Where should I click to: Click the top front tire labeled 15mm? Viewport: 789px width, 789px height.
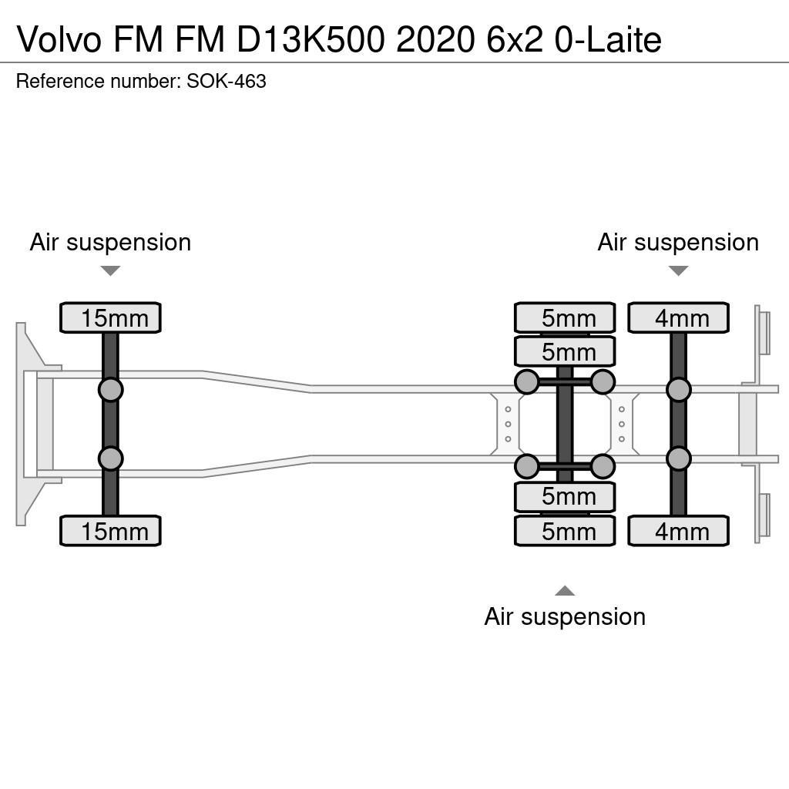coord(110,317)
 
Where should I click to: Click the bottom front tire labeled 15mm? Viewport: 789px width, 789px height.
coord(110,531)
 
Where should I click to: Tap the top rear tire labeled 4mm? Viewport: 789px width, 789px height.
coord(678,317)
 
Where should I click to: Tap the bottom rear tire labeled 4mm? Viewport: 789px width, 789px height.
coord(678,531)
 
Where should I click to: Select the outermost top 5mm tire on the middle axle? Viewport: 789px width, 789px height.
coord(565,317)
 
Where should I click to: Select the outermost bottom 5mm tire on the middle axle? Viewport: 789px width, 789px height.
coord(565,531)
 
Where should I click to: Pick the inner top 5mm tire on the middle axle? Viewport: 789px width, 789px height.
coord(565,351)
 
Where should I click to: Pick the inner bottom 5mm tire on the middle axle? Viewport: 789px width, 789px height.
coord(565,497)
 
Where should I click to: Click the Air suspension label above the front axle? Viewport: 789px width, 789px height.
coord(110,242)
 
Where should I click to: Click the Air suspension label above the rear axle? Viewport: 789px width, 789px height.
coord(678,242)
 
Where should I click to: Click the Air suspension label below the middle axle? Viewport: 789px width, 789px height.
coord(565,616)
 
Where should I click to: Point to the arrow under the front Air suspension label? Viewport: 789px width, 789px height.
coord(110,270)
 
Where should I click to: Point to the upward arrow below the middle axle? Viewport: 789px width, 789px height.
coord(565,591)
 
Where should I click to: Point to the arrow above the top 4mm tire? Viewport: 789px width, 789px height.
coord(678,270)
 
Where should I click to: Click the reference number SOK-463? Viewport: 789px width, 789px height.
coord(227,81)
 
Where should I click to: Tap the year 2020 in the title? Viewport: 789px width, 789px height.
coord(435,40)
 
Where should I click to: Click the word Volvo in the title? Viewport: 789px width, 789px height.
coord(59,40)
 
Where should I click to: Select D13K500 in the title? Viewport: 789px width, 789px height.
coord(312,40)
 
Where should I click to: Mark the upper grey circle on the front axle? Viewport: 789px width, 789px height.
coord(110,389)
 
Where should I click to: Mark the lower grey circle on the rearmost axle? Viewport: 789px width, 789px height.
coord(678,458)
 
